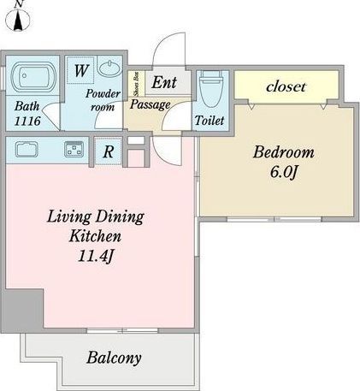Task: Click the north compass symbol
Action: point(18,18)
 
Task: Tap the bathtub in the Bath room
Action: point(33,76)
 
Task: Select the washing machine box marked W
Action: point(81,70)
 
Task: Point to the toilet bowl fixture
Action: point(211,89)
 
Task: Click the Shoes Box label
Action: point(136,84)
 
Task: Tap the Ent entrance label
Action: point(164,83)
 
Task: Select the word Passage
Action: point(150,104)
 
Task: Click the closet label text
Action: point(286,86)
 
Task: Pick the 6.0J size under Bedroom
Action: point(284,172)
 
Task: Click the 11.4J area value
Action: point(96,256)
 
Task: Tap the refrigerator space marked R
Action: point(109,151)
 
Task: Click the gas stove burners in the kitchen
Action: point(74,149)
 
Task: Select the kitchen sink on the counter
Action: point(27,149)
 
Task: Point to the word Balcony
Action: point(114,358)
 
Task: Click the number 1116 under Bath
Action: point(27,121)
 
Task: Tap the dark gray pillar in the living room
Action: point(23,311)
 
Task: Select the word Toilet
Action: point(210,121)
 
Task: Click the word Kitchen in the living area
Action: point(95,236)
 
